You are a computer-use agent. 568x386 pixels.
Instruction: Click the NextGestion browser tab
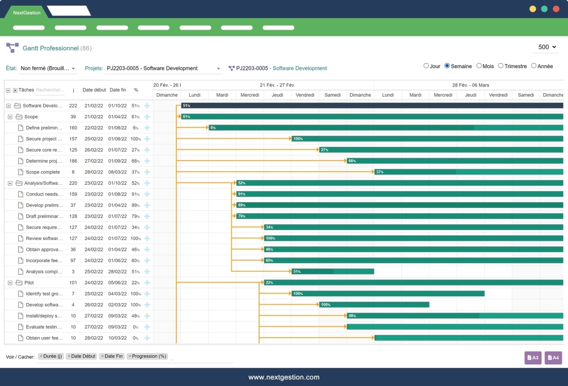click(x=27, y=13)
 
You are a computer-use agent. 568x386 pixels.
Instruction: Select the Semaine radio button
click(x=447, y=66)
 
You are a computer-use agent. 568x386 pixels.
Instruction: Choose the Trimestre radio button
click(x=501, y=66)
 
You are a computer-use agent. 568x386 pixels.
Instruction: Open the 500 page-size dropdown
click(x=547, y=47)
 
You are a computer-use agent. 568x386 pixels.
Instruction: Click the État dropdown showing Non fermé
click(x=48, y=68)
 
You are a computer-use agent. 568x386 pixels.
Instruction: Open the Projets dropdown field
click(x=164, y=68)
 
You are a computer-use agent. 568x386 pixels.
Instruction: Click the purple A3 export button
click(x=533, y=358)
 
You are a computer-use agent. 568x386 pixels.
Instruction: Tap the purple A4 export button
click(x=553, y=358)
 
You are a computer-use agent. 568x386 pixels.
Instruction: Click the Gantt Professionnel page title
click(x=50, y=48)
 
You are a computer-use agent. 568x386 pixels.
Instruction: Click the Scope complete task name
click(x=43, y=172)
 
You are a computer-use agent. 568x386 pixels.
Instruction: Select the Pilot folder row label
click(x=29, y=283)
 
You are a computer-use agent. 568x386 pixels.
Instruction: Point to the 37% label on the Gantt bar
click(x=380, y=172)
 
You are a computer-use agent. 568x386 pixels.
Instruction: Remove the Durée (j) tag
click(x=41, y=356)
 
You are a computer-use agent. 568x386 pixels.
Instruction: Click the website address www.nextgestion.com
click(x=284, y=377)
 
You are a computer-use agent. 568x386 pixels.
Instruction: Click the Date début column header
click(x=94, y=90)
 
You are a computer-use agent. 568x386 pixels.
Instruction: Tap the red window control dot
click(x=556, y=9)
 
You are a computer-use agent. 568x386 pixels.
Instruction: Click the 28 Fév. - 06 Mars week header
click(x=470, y=85)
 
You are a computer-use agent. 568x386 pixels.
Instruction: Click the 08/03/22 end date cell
click(x=118, y=172)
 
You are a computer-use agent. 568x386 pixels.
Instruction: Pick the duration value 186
click(x=73, y=161)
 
